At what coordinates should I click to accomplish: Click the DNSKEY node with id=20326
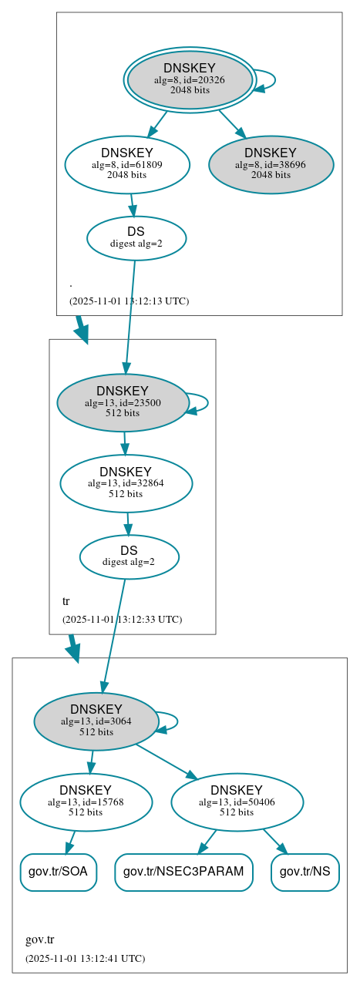click(x=190, y=79)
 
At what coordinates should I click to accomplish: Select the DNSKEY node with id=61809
click(x=127, y=164)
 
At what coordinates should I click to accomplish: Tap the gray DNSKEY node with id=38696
click(x=271, y=164)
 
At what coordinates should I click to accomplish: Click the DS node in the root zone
click(x=136, y=237)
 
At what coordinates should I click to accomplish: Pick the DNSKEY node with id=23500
click(x=123, y=402)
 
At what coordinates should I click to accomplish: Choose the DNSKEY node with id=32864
click(x=126, y=483)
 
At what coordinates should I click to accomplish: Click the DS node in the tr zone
click(x=129, y=556)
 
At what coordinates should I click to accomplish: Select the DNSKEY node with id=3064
click(x=96, y=721)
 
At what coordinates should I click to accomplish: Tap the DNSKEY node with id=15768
click(x=86, y=802)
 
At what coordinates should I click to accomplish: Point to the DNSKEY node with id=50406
click(x=237, y=802)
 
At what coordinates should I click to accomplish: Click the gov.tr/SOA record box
click(x=58, y=872)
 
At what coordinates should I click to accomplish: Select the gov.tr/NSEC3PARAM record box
click(x=183, y=872)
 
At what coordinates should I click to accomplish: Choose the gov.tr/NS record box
click(x=305, y=872)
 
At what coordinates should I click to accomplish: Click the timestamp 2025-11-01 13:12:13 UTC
click(x=129, y=301)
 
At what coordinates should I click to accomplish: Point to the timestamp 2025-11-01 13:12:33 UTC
click(x=122, y=619)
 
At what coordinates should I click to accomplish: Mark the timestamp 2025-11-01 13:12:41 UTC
click(x=85, y=958)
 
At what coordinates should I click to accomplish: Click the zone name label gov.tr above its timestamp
click(x=40, y=940)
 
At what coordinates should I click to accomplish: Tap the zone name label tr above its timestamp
click(x=66, y=600)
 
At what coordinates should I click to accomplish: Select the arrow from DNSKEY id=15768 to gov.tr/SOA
click(x=71, y=842)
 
